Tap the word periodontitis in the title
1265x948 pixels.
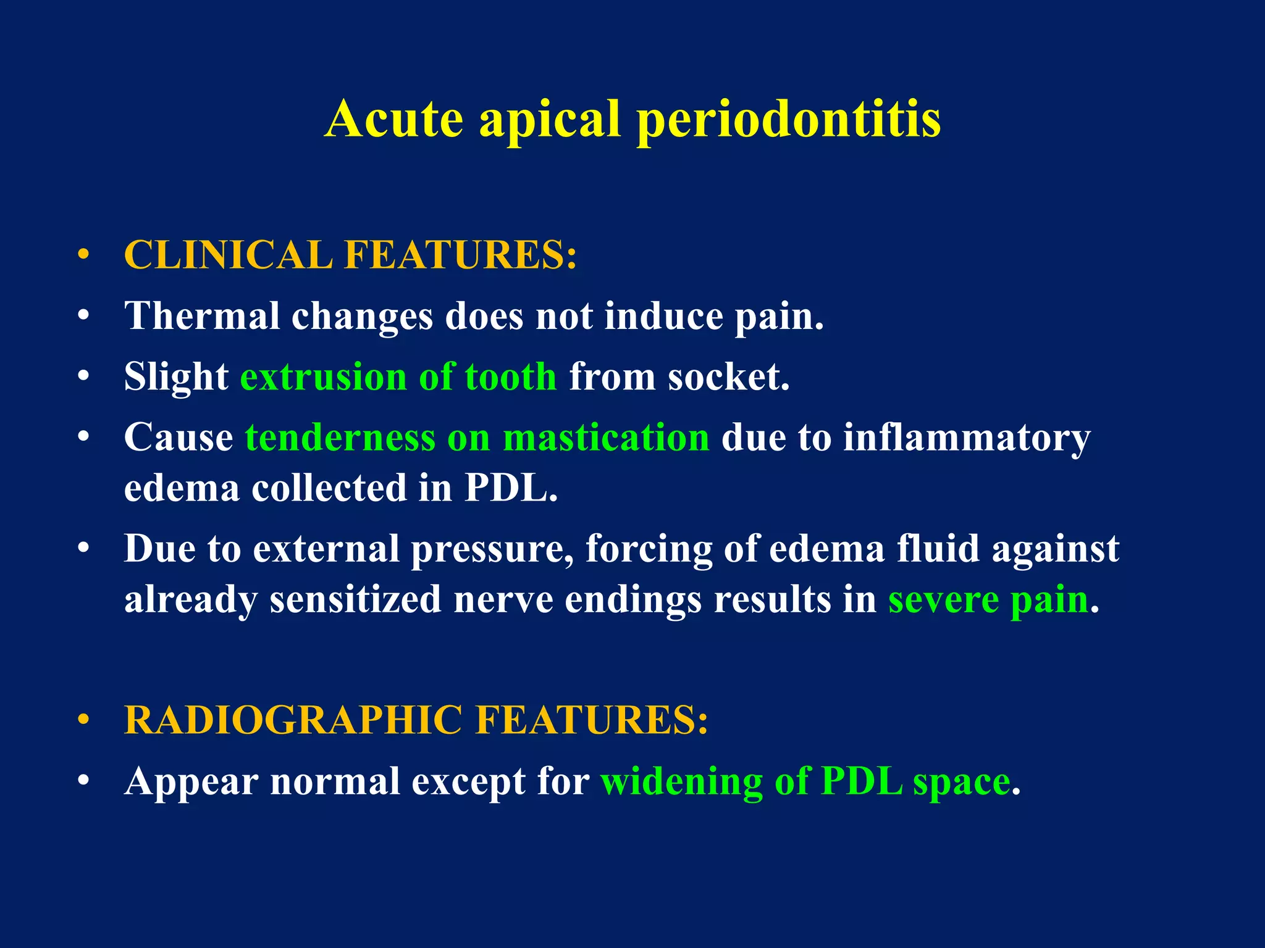pyautogui.click(x=789, y=120)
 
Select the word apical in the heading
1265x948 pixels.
pyautogui.click(x=550, y=120)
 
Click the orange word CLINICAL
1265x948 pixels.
pyautogui.click(x=229, y=255)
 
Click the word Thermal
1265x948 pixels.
pyautogui.click(x=202, y=316)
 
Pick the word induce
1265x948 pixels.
pyautogui.click(x=663, y=316)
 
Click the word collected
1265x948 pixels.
pyautogui.click(x=329, y=488)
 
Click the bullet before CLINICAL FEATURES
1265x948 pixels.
pyautogui.click(x=84, y=255)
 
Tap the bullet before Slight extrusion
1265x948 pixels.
pyautogui.click(x=84, y=376)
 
